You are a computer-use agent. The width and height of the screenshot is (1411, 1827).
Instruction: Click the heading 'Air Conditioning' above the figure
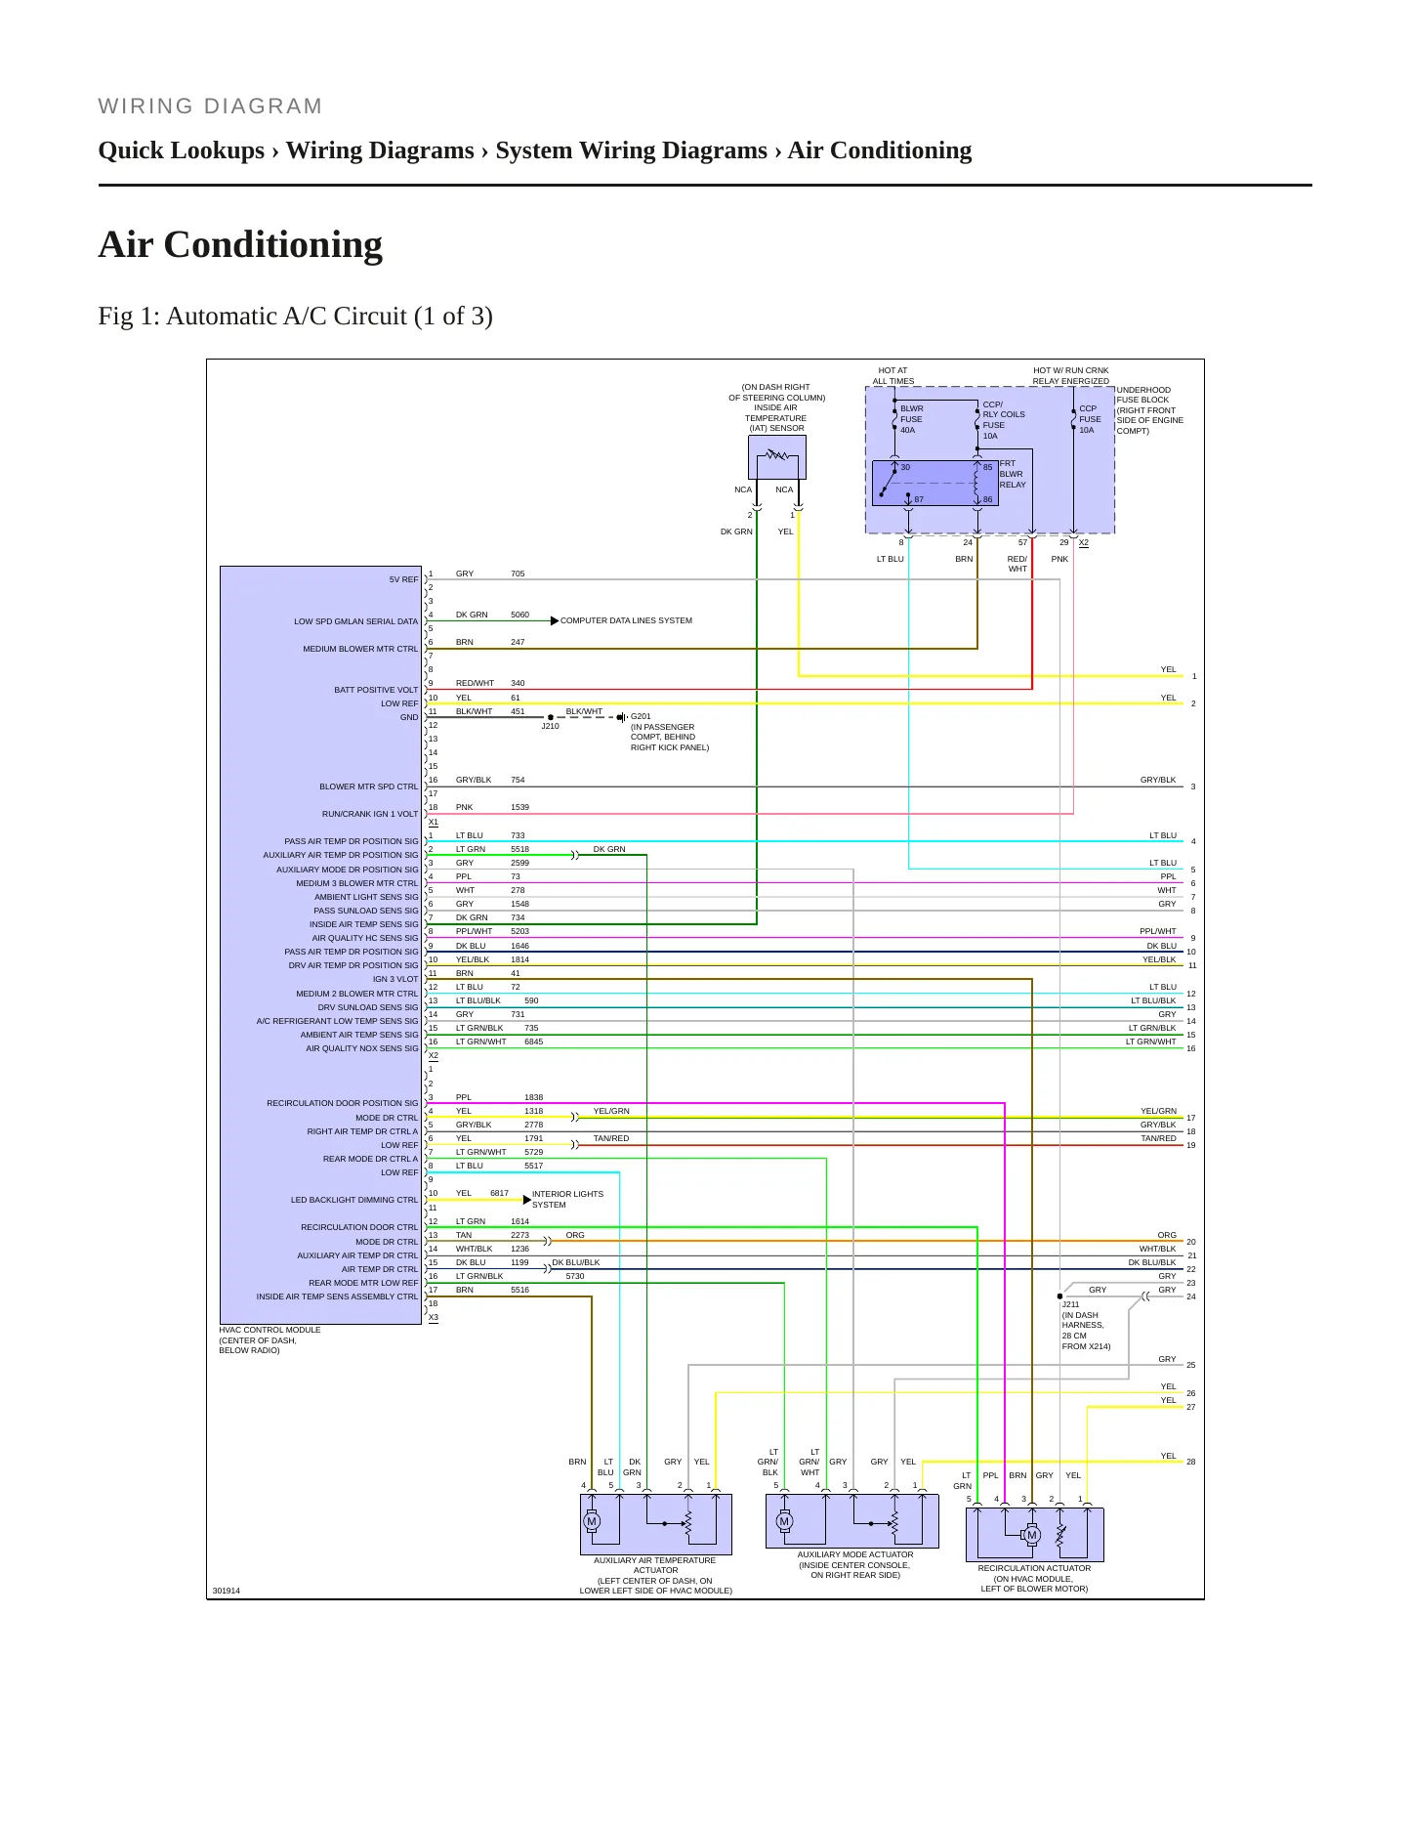click(x=240, y=244)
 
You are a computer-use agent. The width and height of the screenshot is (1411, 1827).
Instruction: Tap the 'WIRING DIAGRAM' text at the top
click(x=210, y=106)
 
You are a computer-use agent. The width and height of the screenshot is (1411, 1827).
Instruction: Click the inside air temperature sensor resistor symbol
click(x=777, y=454)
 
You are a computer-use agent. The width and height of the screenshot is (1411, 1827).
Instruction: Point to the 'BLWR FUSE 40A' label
click(x=911, y=419)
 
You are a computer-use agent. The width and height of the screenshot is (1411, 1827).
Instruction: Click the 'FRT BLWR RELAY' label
click(x=1013, y=474)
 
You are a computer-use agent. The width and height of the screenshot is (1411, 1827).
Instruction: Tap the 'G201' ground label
click(x=641, y=716)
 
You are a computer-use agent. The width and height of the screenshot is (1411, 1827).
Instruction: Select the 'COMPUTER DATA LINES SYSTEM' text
click(x=626, y=620)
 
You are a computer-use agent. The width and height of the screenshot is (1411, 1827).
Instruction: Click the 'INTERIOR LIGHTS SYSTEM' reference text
click(x=567, y=1199)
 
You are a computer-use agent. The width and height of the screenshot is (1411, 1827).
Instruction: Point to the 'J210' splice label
click(x=551, y=726)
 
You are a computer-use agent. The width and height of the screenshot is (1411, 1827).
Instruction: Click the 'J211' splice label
click(x=1070, y=1304)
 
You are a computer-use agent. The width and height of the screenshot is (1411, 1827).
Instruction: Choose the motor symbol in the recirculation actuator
click(x=1031, y=1536)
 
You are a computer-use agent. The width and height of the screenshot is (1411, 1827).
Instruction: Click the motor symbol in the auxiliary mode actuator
click(x=784, y=1521)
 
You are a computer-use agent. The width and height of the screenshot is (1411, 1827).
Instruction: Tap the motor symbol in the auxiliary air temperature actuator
click(x=591, y=1521)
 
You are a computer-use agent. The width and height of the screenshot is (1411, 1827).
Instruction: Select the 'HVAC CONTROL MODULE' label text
click(x=270, y=1330)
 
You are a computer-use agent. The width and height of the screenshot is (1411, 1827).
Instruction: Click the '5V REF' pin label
click(x=403, y=579)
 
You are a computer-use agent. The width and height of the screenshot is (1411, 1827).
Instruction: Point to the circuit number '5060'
click(x=519, y=615)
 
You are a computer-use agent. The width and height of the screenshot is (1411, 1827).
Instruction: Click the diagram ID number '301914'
click(x=227, y=1591)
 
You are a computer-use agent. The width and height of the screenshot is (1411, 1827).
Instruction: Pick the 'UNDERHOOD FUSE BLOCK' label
click(x=1143, y=395)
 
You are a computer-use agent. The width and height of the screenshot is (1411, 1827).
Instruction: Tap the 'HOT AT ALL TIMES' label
click(x=893, y=376)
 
